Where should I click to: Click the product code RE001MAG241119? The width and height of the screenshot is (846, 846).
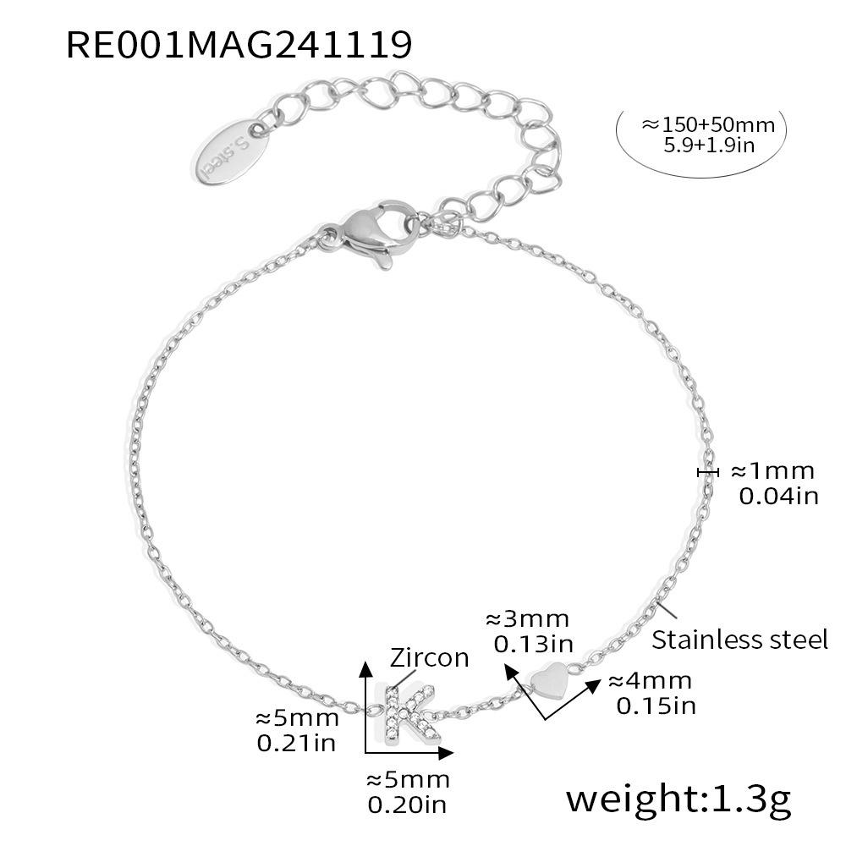point(239,44)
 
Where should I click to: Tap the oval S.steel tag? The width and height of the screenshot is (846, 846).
point(230,151)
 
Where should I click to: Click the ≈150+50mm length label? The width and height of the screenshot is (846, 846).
point(708,125)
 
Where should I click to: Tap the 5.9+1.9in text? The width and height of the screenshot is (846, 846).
point(709,146)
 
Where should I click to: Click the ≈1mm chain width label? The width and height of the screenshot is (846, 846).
point(772,471)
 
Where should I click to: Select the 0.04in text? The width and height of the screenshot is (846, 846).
point(778,496)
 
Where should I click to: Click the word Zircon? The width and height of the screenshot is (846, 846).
point(430,658)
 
